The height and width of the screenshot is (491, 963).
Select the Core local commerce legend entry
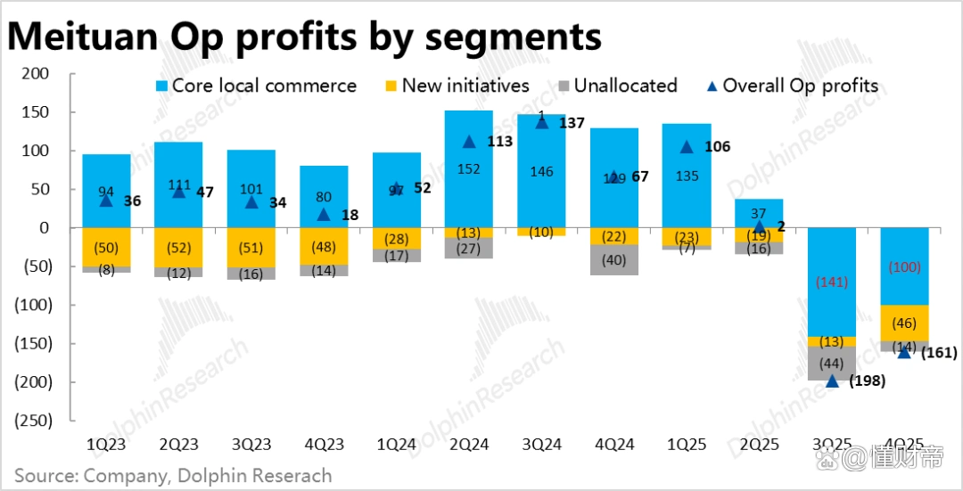pos(255,86)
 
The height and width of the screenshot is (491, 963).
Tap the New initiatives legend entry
pos(457,86)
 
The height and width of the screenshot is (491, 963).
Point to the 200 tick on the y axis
pos(36,74)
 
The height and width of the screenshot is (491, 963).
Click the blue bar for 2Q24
pos(469,169)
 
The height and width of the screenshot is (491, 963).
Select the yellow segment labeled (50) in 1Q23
pos(107,247)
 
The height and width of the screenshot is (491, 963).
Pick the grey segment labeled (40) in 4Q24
pos(613,259)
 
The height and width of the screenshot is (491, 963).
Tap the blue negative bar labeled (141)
pos(831,282)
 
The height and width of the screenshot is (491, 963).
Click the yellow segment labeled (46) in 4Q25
pos(903,323)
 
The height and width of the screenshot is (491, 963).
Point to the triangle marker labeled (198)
pos(832,381)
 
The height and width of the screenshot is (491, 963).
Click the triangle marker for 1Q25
pos(687,147)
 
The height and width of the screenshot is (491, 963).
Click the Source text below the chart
pos(173,476)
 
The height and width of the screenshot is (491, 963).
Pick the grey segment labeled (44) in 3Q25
pos(831,364)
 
